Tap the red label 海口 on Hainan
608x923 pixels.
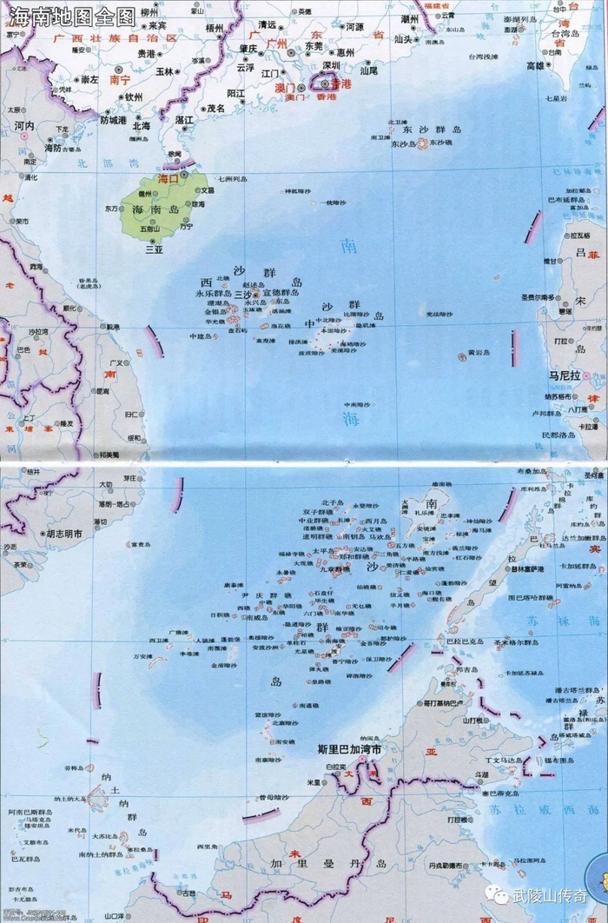pos(167,178)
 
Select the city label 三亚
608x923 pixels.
pos(155,249)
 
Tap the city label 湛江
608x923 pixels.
pos(184,119)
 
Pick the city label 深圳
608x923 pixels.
pos(331,65)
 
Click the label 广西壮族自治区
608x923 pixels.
pos(115,39)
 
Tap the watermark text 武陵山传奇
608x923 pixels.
pos(556,895)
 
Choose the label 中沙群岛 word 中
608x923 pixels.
pos(309,324)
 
